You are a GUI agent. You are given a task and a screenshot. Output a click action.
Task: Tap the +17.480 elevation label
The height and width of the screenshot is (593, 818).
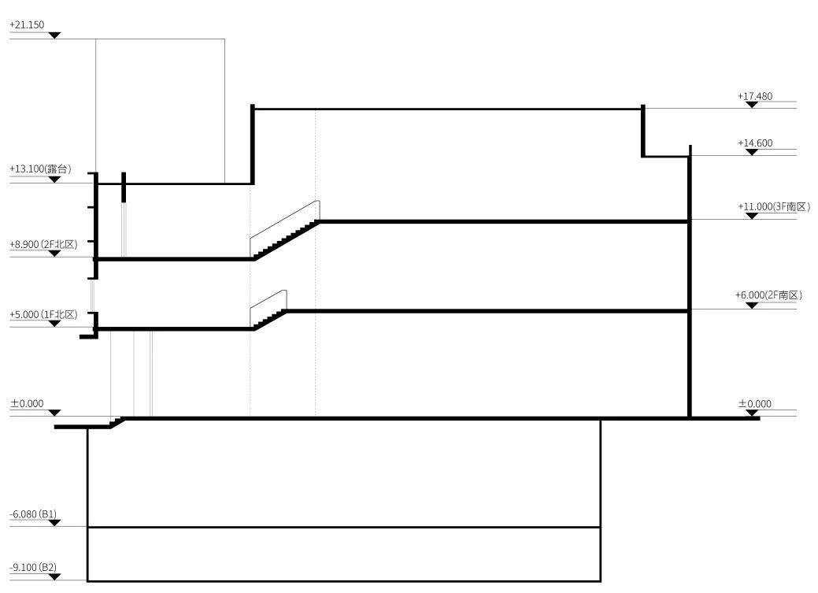[x=755, y=96]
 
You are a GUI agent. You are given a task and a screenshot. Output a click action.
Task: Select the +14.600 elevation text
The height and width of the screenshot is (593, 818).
[x=755, y=143]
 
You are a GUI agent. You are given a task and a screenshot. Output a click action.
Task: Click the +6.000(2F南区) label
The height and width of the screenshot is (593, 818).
[x=768, y=295]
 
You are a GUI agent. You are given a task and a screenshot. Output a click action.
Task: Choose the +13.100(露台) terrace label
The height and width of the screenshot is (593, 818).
[x=40, y=169]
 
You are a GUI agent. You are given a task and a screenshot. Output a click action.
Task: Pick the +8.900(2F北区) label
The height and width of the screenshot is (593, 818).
[x=44, y=245]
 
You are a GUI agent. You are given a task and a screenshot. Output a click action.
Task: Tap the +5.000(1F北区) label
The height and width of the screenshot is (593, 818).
[x=44, y=315]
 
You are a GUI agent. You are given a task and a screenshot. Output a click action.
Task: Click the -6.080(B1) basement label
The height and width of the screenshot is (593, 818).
[x=33, y=514]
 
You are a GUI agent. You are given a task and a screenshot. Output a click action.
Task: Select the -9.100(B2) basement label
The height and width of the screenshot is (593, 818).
[x=33, y=567]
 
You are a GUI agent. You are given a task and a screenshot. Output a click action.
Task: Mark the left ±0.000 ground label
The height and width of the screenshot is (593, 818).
[x=26, y=404]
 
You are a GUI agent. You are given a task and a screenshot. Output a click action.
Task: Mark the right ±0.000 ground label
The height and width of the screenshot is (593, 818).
[x=754, y=404]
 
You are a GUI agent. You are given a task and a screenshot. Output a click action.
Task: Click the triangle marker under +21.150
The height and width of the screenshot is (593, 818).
[x=54, y=35]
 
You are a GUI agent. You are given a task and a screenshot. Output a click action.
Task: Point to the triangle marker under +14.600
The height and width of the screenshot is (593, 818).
[x=752, y=152]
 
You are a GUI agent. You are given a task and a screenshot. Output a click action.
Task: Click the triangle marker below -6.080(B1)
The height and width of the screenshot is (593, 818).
[x=54, y=523]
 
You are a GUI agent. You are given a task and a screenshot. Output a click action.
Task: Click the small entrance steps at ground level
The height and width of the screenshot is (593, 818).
[x=117, y=423]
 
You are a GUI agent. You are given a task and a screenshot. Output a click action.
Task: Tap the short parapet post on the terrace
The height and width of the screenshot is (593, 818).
[x=124, y=187]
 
